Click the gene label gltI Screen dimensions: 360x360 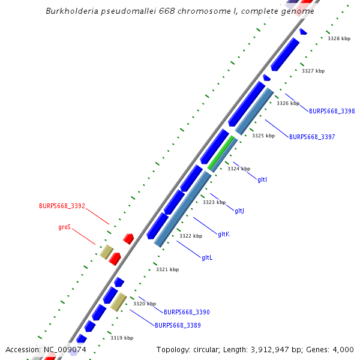(262, 179)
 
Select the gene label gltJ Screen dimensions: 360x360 (239, 211)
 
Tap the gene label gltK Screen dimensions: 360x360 (224, 234)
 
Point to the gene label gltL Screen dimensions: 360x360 (207, 257)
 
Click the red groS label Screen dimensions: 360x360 (64, 227)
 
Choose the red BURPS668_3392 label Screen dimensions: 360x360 (62, 206)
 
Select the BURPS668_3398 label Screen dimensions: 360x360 (332, 111)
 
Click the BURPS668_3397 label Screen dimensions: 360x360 (312, 137)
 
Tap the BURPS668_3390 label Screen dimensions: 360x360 (187, 312)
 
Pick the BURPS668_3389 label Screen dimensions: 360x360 (178, 325)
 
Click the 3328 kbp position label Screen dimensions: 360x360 (339, 38)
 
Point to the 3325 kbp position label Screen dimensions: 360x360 (263, 136)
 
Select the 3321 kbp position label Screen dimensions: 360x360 (167, 270)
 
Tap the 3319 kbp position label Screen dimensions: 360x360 (122, 338)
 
